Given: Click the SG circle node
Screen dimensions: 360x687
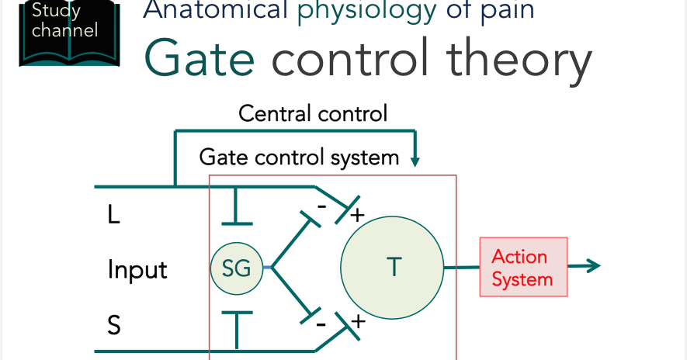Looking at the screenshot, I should [236, 268].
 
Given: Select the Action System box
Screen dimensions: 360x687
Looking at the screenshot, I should [523, 267].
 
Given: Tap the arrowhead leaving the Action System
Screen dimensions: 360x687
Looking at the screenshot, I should [594, 267].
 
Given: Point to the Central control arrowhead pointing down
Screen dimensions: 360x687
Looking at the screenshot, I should [415, 161].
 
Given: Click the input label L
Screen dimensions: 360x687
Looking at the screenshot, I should [114, 215].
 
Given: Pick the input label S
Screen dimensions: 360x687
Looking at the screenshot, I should [114, 325].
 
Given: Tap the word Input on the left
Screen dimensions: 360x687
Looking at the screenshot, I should [137, 270].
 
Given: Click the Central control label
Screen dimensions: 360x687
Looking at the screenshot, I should [313, 114].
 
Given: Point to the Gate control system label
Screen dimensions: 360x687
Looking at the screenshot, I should [299, 157].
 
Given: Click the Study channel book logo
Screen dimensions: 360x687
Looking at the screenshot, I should [69, 31].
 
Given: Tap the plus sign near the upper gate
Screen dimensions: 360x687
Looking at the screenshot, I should [358, 214].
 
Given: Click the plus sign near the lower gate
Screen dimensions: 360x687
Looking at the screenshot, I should [358, 320].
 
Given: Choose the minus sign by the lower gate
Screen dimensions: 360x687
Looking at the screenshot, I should [321, 323].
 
